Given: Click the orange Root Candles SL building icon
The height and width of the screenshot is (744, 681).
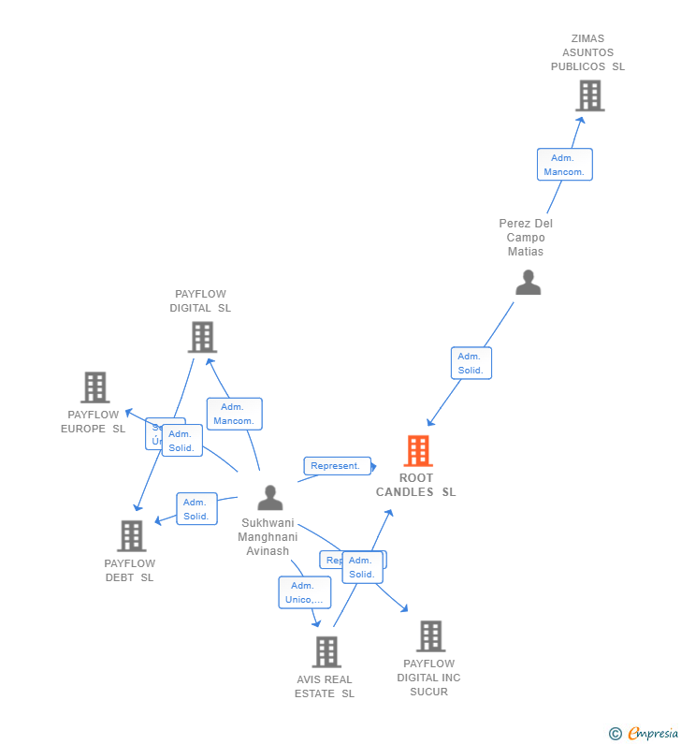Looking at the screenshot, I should [417, 451].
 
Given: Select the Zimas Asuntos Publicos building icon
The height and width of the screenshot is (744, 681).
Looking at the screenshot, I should [589, 95].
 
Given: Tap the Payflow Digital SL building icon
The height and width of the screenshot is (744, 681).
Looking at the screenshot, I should [202, 337].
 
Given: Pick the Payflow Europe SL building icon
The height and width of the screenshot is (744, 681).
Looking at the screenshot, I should [94, 387].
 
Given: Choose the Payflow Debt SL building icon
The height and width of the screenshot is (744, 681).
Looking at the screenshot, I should [131, 535].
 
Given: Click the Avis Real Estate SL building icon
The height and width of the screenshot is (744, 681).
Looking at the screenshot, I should [326, 651].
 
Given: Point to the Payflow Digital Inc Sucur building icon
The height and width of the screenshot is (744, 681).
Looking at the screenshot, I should [429, 636].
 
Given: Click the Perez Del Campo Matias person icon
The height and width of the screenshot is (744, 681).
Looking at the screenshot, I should [528, 283].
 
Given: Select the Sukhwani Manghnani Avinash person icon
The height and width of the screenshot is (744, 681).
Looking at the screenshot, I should [269, 498].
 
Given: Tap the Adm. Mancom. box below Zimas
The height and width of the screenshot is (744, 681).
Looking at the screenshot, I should [564, 165].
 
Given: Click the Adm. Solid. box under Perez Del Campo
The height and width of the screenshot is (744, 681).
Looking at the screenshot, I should [471, 363].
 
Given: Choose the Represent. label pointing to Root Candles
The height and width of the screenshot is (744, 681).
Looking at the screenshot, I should [336, 466].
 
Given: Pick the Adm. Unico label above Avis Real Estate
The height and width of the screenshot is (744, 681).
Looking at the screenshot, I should [304, 592].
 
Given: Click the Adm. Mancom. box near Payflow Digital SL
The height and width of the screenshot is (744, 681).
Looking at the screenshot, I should [234, 414].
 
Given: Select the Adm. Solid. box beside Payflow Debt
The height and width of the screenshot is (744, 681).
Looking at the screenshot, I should [196, 509].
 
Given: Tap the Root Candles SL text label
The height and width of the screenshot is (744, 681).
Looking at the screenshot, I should [416, 485].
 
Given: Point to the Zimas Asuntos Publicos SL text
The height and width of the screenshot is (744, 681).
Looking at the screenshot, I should [587, 53].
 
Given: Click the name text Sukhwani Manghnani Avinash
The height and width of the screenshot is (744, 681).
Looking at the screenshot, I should [268, 537].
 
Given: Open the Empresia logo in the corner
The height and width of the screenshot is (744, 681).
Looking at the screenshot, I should [645, 733].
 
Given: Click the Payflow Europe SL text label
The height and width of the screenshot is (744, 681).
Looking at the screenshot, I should [94, 421].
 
